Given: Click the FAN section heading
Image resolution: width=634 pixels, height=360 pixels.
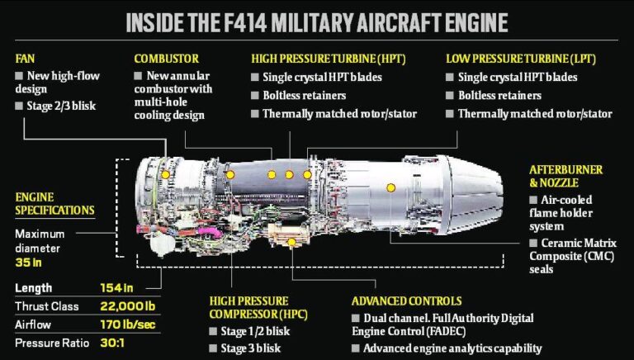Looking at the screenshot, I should point(25,59).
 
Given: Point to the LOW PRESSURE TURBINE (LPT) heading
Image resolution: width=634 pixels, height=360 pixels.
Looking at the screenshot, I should point(520,59).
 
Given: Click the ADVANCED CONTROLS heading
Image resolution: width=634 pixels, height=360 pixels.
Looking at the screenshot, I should point(406,301).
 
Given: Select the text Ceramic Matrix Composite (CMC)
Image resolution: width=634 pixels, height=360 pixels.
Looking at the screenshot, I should point(578,250).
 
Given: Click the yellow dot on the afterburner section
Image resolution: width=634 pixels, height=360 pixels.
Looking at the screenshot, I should point(391,187).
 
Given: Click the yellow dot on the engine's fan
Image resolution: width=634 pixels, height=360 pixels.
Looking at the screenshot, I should point(165,175).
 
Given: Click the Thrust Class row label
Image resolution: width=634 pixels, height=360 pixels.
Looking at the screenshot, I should point(46,306).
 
